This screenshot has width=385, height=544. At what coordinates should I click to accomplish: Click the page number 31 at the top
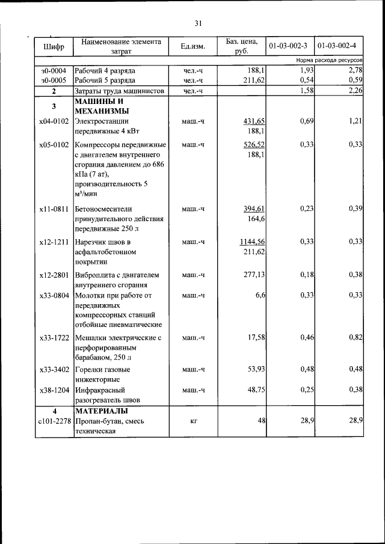(x=198, y=23)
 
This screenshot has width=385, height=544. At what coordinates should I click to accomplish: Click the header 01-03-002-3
(x=288, y=46)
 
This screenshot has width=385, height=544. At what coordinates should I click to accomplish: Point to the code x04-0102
(x=54, y=121)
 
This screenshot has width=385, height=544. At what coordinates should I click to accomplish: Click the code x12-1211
(x=54, y=242)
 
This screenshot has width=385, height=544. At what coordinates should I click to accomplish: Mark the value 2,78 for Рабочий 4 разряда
(x=354, y=71)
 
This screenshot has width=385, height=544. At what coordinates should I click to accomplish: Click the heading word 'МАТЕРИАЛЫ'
(x=101, y=411)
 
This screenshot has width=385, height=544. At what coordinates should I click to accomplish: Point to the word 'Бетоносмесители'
(x=103, y=209)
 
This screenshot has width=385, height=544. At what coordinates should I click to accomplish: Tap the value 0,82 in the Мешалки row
(x=355, y=338)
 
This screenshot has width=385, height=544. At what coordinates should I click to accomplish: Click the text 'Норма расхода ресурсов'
(x=328, y=61)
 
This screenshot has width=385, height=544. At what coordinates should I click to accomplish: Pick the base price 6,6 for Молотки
(x=260, y=295)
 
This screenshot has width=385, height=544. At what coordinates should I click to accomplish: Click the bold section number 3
(x=54, y=106)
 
